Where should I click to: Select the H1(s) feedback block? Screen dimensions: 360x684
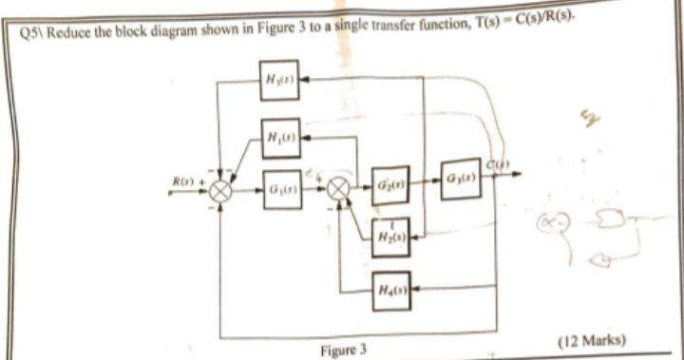[x=282, y=137]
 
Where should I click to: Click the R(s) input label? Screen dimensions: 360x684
[x=180, y=180]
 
